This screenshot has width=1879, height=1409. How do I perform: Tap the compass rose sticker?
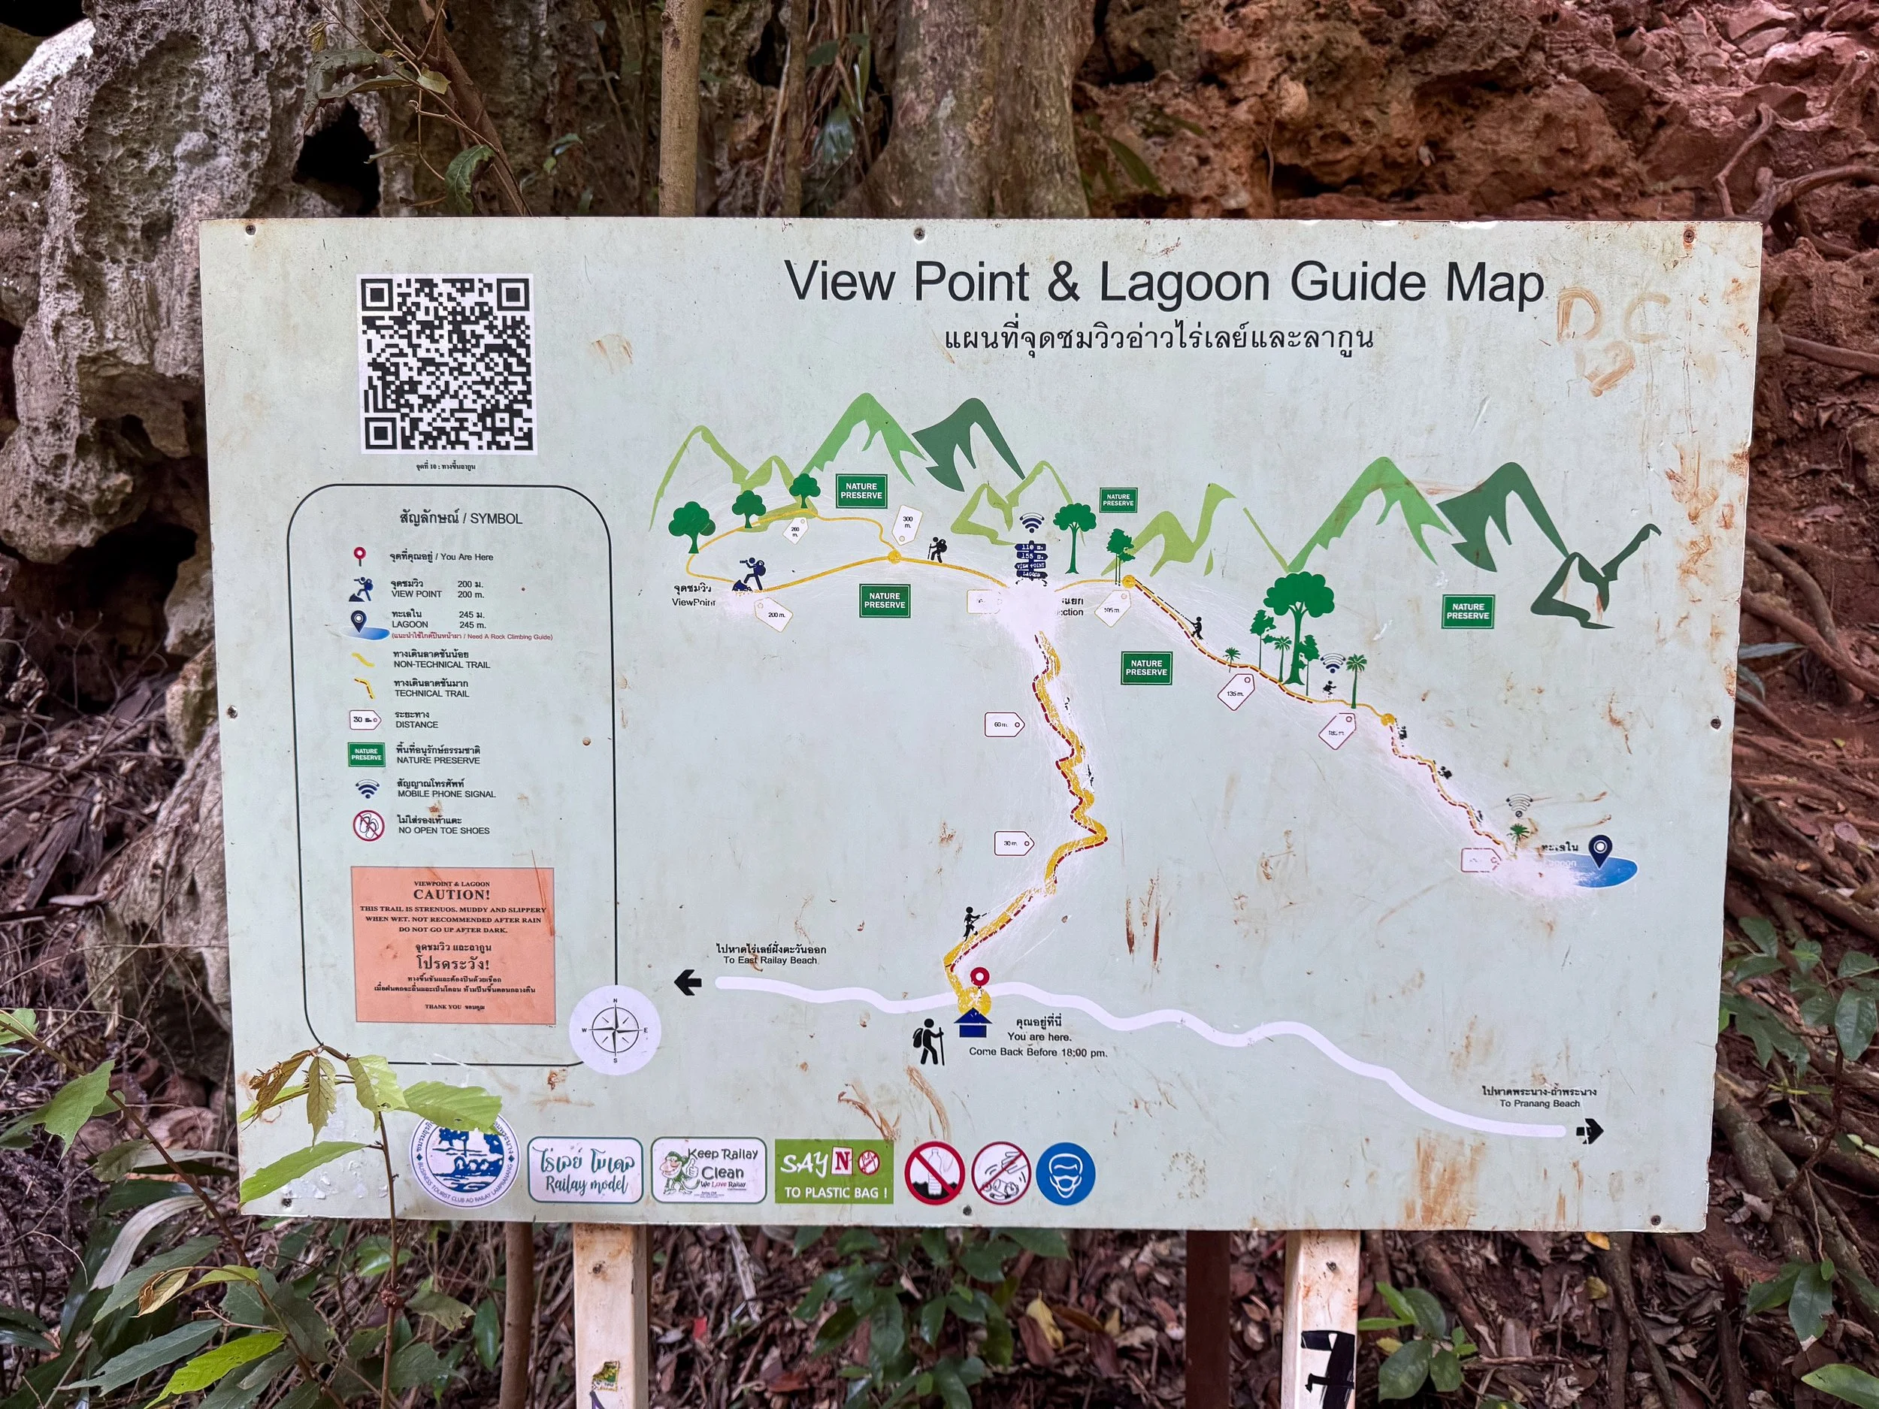[614, 1030]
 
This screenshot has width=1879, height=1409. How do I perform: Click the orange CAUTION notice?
[454, 945]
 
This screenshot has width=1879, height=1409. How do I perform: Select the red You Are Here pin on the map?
[980, 978]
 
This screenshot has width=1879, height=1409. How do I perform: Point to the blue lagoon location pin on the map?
[1600, 848]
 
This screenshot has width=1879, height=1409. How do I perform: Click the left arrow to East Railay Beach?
[687, 984]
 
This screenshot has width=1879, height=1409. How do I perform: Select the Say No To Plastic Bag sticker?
[834, 1172]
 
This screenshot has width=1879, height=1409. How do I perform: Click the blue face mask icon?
[1066, 1173]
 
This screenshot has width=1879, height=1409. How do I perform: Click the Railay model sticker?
[585, 1170]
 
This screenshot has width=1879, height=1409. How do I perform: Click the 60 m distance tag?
[1003, 724]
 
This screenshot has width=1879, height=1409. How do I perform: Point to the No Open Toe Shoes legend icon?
[369, 824]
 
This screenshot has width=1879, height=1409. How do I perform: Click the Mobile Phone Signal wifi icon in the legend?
[367, 789]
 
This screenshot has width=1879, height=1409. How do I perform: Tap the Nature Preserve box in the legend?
[366, 754]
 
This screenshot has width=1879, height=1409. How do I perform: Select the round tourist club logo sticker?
[464, 1160]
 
